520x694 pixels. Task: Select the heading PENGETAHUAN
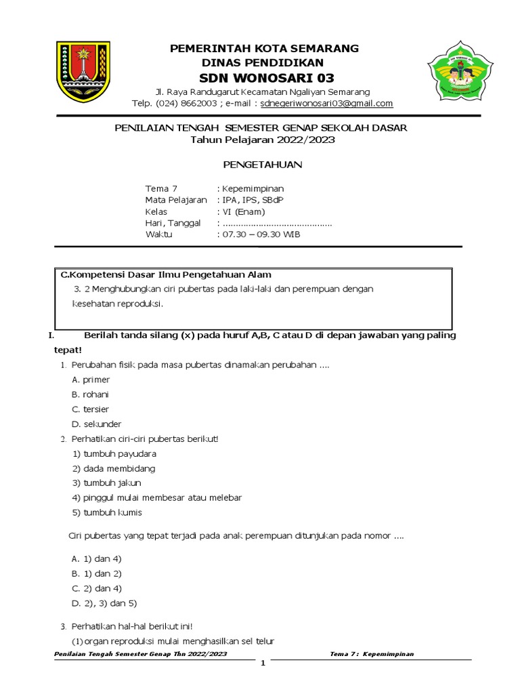coord(263,164)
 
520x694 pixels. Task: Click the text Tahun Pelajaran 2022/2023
coord(263,140)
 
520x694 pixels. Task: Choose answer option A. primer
coord(91,380)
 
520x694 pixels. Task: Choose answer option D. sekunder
coord(96,424)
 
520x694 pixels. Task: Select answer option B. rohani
coord(90,394)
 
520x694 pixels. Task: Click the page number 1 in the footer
coord(263,664)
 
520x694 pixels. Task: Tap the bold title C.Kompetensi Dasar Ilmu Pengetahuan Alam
coord(166,274)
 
